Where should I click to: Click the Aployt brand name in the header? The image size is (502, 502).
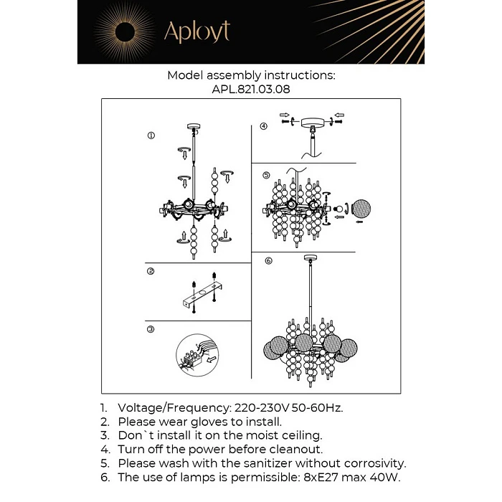[196, 32]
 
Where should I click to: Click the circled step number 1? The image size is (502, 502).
[151, 136]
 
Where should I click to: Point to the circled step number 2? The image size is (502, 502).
[151, 271]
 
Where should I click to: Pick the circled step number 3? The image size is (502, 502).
[151, 329]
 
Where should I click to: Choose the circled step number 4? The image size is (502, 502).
[264, 126]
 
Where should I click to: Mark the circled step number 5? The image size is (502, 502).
[265, 175]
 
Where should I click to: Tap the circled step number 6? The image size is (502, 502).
[268, 261]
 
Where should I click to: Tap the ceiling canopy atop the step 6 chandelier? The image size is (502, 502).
[310, 258]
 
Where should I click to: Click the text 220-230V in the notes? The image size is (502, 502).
[264, 407]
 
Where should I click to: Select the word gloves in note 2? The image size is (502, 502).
[196, 422]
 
